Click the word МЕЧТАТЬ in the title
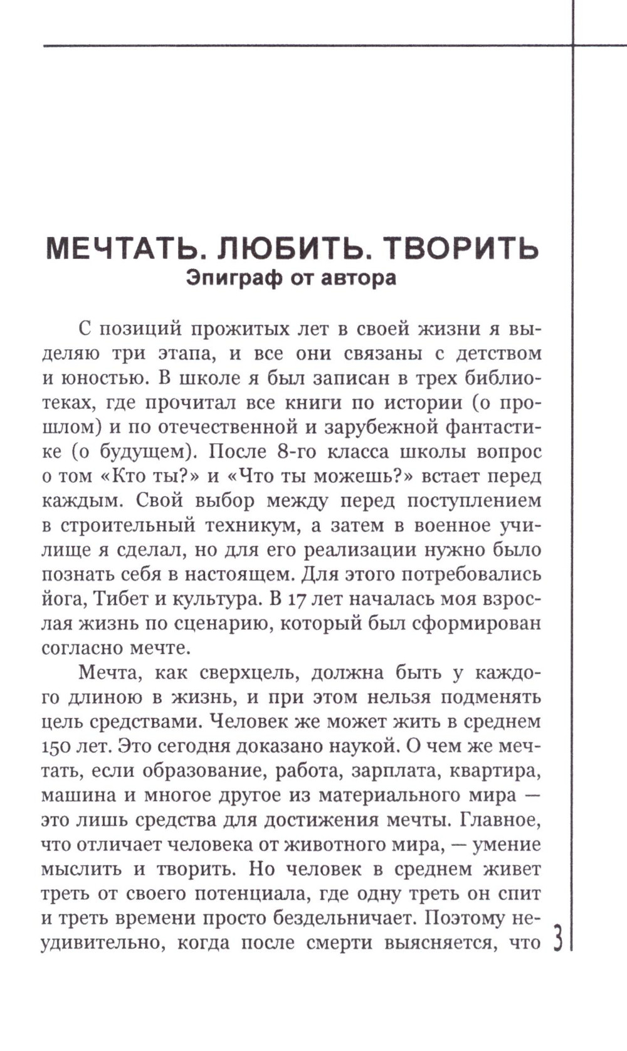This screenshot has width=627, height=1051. pos(125,249)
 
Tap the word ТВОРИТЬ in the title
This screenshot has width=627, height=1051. pos(461,249)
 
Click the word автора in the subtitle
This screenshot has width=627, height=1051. pos(359,277)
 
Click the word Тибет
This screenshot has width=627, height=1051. pos(121,599)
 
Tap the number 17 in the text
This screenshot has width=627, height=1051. pos(299,599)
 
